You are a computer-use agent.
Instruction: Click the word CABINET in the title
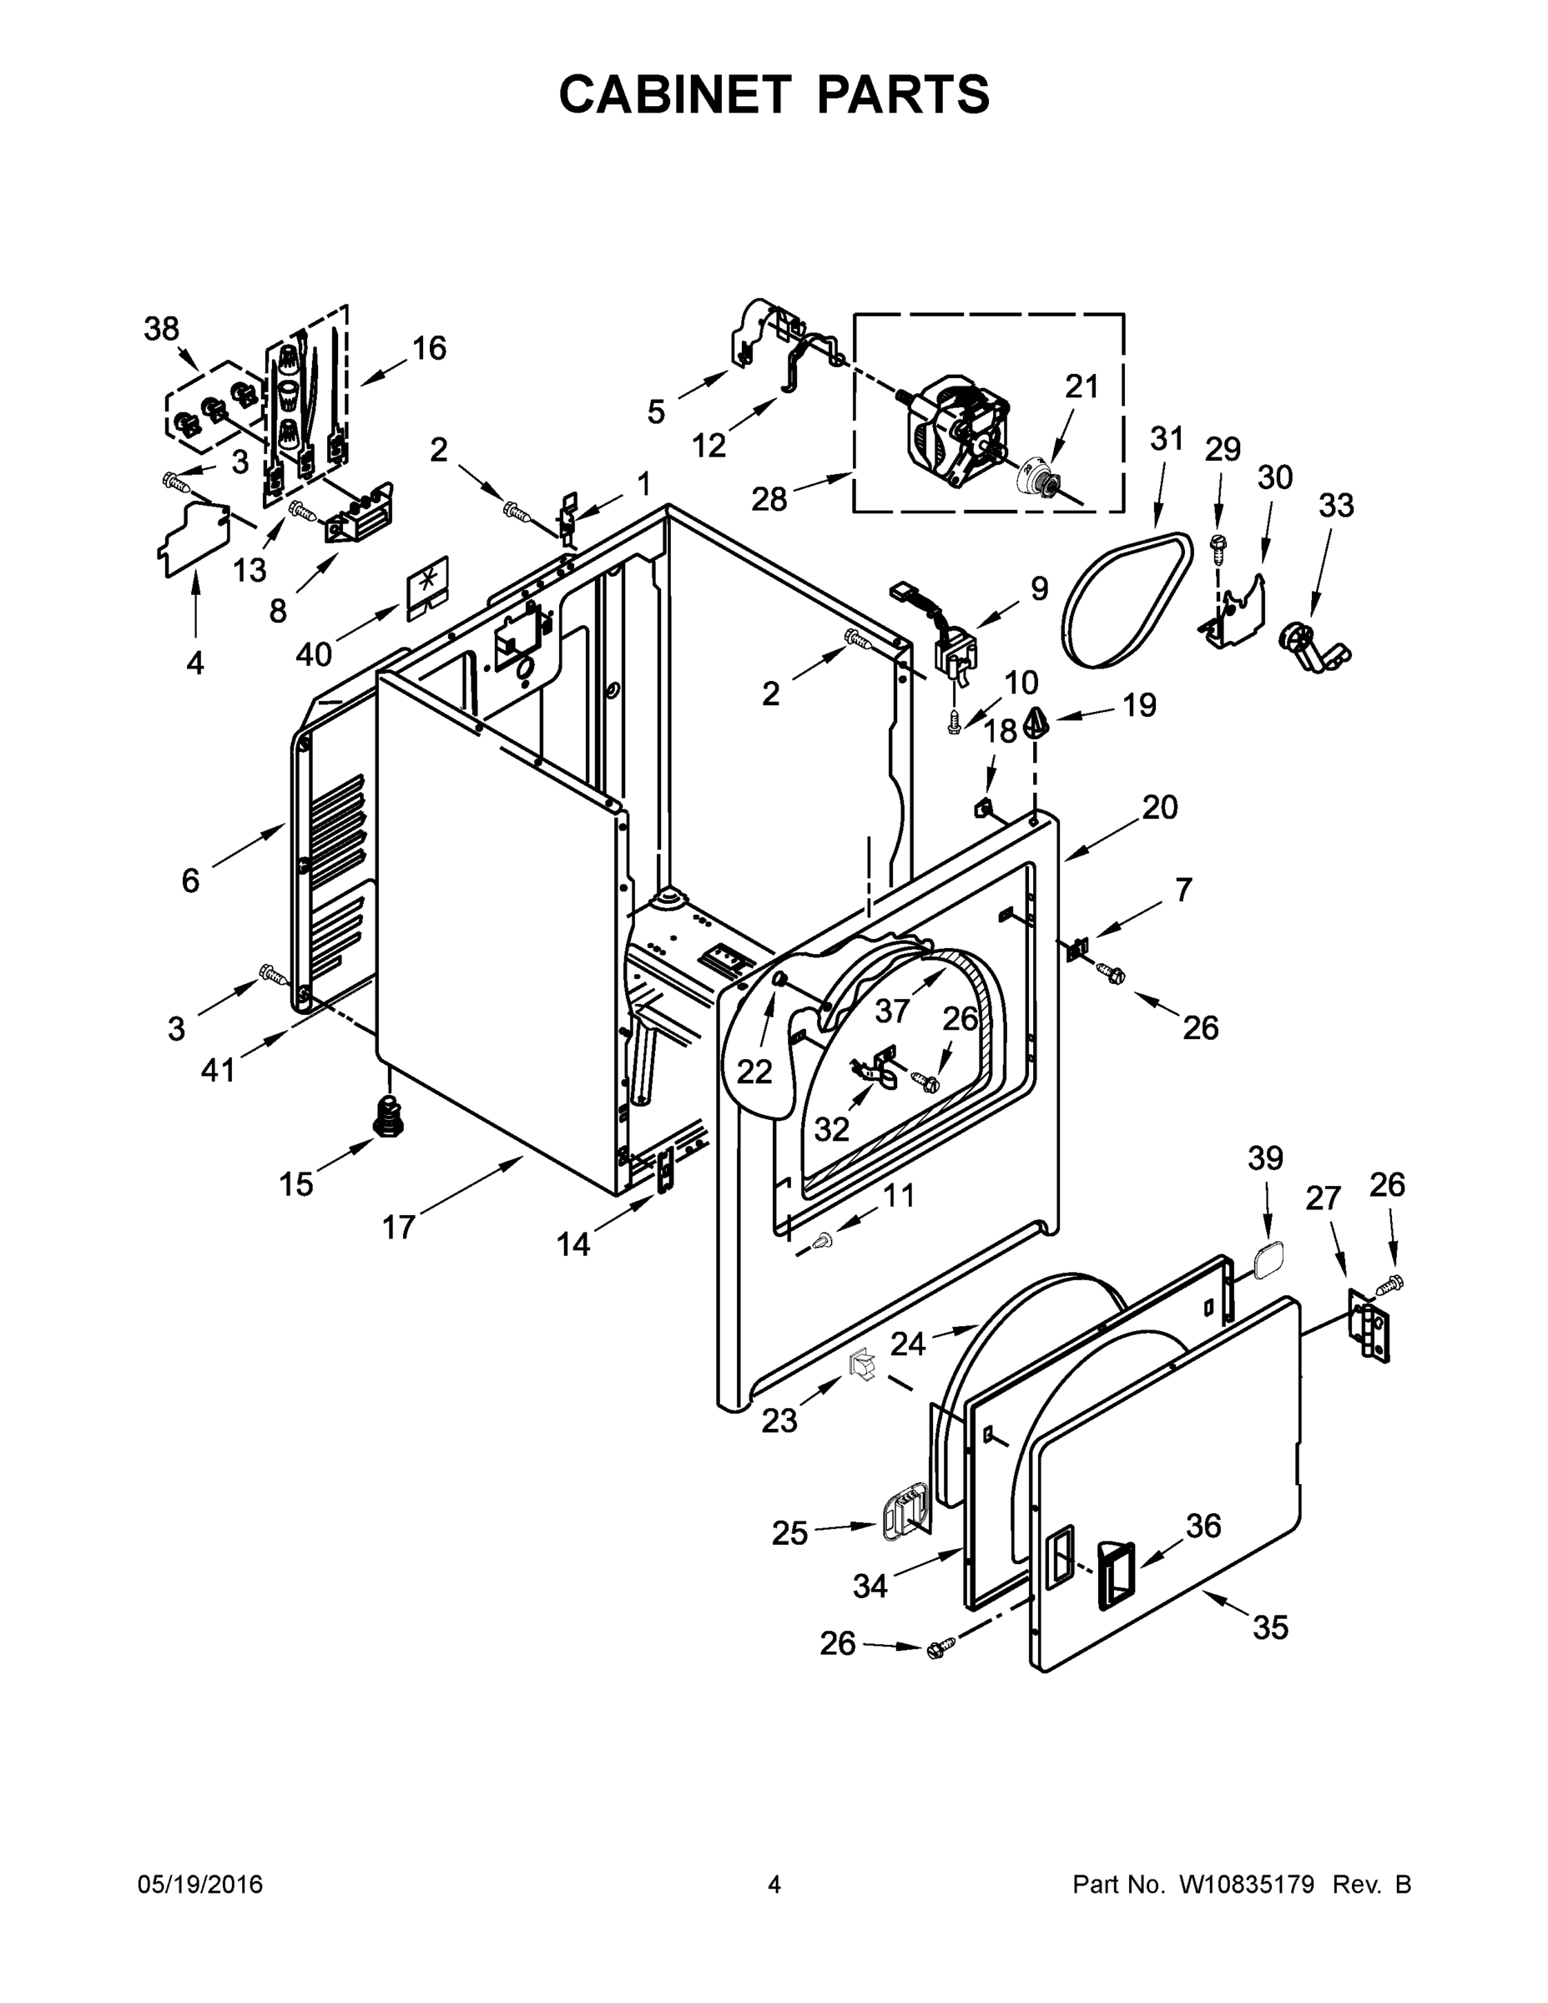pyautogui.click(x=674, y=94)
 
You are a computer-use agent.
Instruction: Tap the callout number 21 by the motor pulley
pyautogui.click(x=1082, y=387)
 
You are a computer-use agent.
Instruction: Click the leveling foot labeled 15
pyautogui.click(x=391, y=1115)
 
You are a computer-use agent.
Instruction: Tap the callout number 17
pyautogui.click(x=399, y=1226)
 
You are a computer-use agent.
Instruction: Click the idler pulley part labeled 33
pyautogui.click(x=1314, y=645)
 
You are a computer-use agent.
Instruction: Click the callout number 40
pyautogui.click(x=314, y=654)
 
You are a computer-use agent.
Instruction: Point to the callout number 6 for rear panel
pyautogui.click(x=189, y=880)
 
